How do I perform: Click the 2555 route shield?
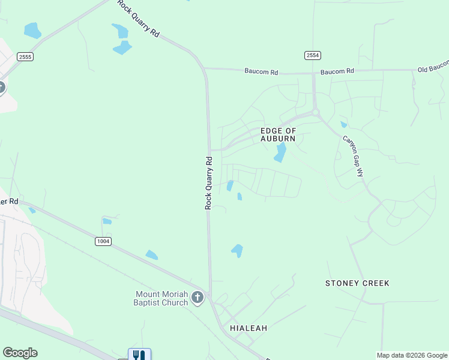click(x=25, y=56)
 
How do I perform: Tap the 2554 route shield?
click(x=312, y=55)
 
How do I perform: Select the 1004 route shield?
click(x=103, y=241)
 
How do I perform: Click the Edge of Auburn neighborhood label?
click(x=278, y=134)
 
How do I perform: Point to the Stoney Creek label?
click(x=357, y=283)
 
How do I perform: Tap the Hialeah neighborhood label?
click(x=249, y=328)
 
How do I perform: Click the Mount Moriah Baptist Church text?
click(x=161, y=298)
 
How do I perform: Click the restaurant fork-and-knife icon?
click(x=139, y=355)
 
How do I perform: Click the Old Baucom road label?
click(x=433, y=66)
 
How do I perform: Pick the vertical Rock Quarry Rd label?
click(x=209, y=182)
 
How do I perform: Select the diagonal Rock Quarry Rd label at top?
click(x=139, y=19)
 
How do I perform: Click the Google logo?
click(x=20, y=353)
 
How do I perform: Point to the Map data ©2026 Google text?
click(x=412, y=355)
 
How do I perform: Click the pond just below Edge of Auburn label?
click(x=280, y=152)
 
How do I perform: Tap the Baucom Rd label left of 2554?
click(x=261, y=72)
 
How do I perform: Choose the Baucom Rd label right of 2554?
click(x=337, y=71)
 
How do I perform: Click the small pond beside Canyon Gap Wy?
click(x=343, y=125)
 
